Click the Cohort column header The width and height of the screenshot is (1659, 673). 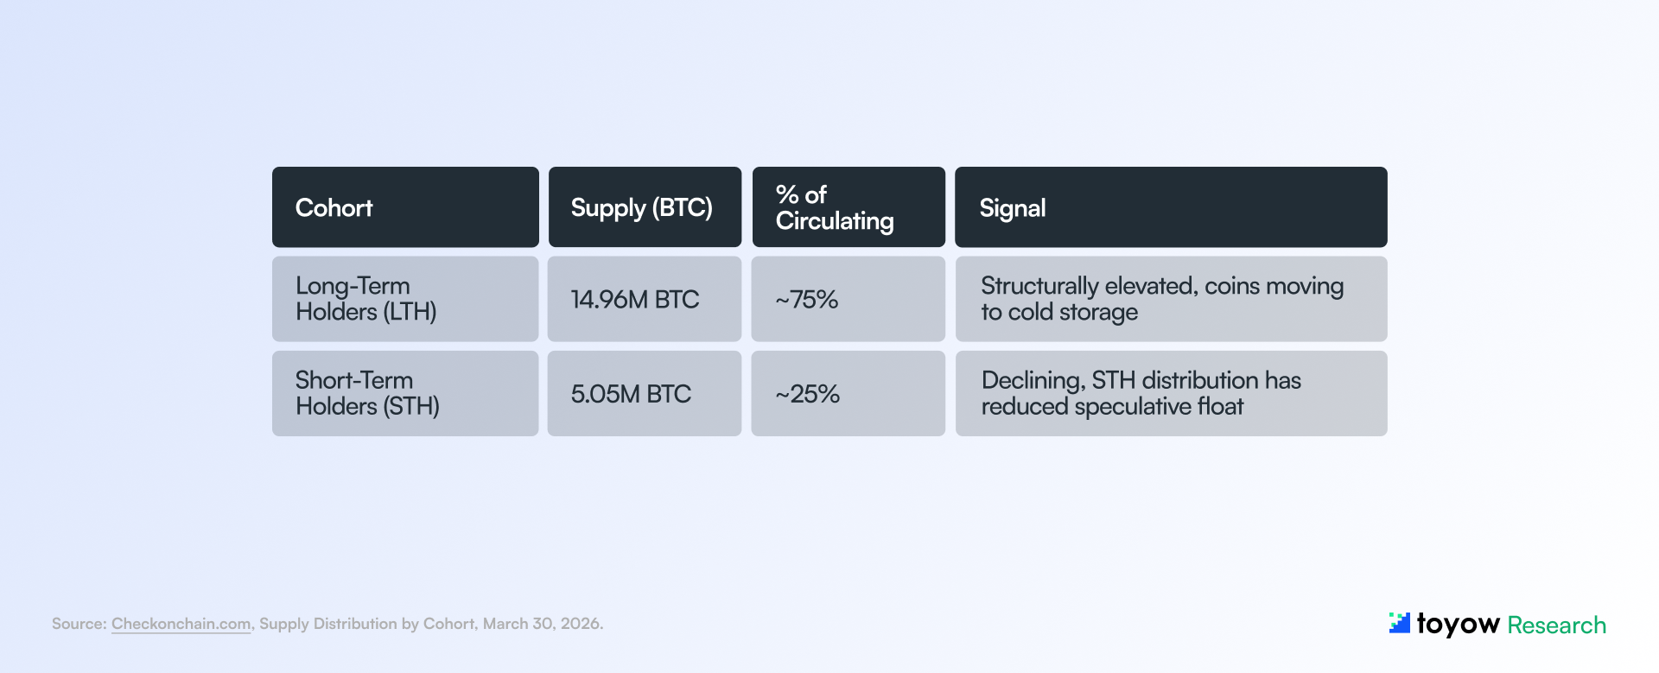[334, 208]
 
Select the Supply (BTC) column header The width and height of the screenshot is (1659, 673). [641, 208]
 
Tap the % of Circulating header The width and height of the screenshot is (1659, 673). [835, 208]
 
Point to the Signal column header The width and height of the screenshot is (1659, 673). [1013, 208]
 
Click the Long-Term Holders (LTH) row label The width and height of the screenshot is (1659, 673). [366, 299]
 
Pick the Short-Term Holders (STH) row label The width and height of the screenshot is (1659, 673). [368, 393]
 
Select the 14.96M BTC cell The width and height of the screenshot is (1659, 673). [635, 300]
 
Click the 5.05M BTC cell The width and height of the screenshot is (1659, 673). [631, 394]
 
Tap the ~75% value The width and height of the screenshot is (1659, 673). [807, 300]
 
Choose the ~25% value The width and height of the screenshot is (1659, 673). [808, 394]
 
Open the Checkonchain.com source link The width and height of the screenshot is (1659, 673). [181, 624]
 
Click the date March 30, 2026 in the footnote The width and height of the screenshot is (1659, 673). [542, 624]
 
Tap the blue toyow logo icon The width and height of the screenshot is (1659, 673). [1399, 623]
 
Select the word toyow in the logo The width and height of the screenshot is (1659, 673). [1458, 624]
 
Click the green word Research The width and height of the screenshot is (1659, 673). [1556, 625]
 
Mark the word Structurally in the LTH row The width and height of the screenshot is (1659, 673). [1039, 286]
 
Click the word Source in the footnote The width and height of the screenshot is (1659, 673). [79, 624]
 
